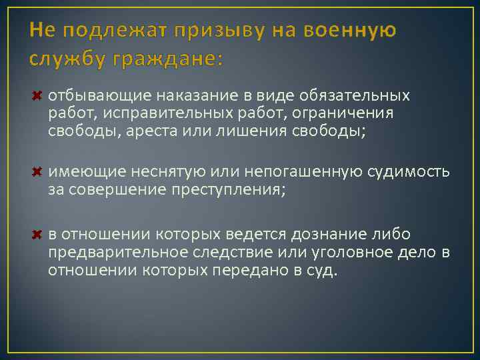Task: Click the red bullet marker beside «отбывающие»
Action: click(x=37, y=95)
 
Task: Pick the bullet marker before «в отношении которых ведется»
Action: click(x=37, y=235)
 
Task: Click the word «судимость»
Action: click(x=409, y=173)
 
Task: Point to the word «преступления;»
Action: click(x=232, y=191)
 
